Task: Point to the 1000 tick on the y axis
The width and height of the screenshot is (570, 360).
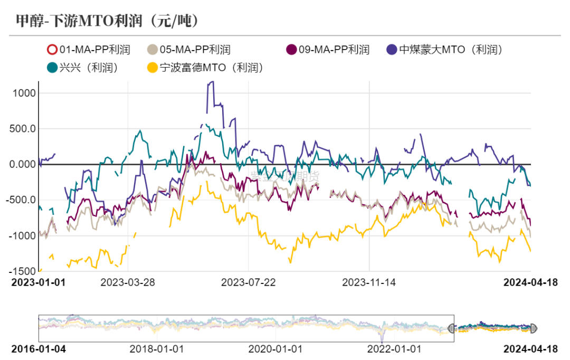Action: (x=23, y=93)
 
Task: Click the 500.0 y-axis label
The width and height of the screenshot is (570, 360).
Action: (x=22, y=129)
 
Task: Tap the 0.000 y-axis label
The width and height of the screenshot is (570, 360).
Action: (x=22, y=165)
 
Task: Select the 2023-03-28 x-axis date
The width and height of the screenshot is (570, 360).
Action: (x=128, y=282)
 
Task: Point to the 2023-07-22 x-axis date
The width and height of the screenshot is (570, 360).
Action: (x=248, y=282)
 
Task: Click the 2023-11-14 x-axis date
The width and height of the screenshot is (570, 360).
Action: (x=369, y=282)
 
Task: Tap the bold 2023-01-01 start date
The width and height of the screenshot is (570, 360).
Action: (x=39, y=282)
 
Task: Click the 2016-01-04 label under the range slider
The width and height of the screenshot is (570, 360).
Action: (x=39, y=349)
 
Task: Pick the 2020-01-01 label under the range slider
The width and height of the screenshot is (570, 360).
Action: (x=274, y=349)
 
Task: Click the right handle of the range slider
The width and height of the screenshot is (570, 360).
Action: (x=533, y=328)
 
